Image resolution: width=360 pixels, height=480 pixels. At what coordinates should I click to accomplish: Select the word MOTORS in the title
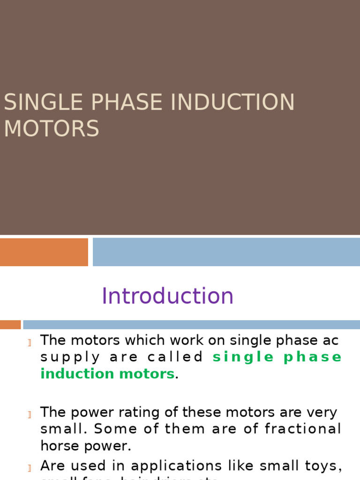[52, 129]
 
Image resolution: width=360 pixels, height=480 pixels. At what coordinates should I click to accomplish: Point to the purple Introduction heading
[167, 296]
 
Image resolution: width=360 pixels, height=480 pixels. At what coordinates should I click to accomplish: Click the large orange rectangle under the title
[44, 252]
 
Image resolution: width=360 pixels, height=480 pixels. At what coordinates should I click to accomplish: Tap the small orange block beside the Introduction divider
[10, 324]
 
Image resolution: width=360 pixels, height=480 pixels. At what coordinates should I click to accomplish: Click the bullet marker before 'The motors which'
[30, 343]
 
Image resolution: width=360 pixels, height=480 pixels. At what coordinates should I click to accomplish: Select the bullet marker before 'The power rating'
[30, 414]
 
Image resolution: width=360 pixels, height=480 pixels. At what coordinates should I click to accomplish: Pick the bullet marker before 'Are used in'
[30, 468]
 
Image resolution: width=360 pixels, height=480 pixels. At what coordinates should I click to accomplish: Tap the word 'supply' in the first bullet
[70, 358]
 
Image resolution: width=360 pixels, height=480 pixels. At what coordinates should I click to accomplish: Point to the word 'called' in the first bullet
[175, 357]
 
